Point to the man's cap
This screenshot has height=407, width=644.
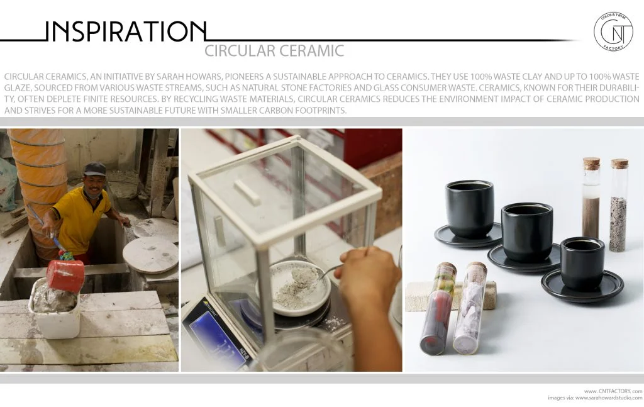click(x=95, y=168)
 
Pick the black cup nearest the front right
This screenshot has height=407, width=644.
click(x=582, y=263)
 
